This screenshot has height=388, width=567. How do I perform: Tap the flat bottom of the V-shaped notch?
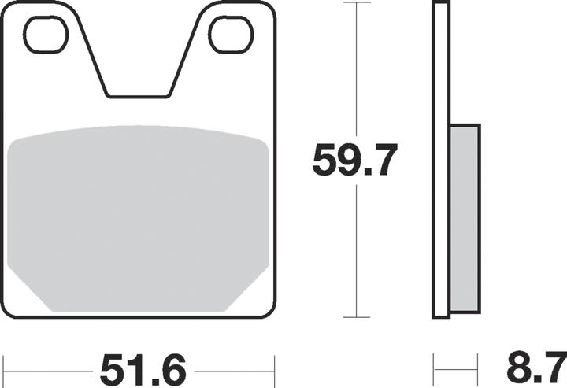click(x=138, y=96)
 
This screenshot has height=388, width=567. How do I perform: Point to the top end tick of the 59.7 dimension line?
click(x=358, y=3)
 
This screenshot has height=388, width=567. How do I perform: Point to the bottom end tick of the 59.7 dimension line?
click(x=358, y=317)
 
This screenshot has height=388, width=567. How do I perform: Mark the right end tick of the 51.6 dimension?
click(x=274, y=367)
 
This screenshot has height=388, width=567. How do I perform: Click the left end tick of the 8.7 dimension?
click(x=434, y=367)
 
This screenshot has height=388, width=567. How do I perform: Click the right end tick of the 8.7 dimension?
click(x=478, y=367)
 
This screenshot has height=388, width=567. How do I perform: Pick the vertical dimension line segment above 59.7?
click(x=358, y=71)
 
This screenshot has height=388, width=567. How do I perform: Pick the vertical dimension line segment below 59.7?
click(x=358, y=252)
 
